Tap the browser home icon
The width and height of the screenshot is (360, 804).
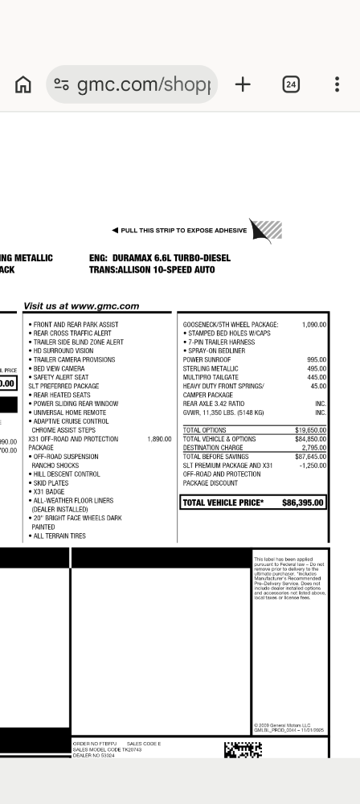(24, 84)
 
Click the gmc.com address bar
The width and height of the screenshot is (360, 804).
(133, 84)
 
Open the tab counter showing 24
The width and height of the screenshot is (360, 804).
(291, 84)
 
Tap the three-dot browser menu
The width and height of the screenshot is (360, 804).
(337, 84)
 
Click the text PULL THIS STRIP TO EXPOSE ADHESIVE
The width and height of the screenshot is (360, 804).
(183, 231)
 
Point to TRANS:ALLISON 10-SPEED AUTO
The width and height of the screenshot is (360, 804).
(152, 270)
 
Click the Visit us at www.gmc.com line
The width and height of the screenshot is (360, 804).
(81, 306)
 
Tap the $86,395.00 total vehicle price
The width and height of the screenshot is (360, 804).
(303, 503)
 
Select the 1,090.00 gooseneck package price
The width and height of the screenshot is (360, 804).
(313, 325)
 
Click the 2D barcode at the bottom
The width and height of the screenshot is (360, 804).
(243, 750)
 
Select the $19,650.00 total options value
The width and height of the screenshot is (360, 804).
(310, 430)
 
